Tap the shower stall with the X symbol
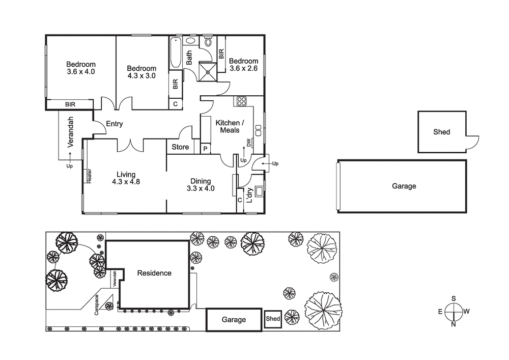208,72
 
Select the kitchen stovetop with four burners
240,101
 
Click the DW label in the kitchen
248,144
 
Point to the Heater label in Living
89,176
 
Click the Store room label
180,147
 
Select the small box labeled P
205,149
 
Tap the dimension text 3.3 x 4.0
203,188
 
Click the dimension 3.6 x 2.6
243,68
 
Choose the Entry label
114,124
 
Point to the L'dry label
249,196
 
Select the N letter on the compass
453,323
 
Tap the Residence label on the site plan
154,273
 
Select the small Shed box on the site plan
273,319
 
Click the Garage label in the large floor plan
404,186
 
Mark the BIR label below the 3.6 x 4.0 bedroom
70,104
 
